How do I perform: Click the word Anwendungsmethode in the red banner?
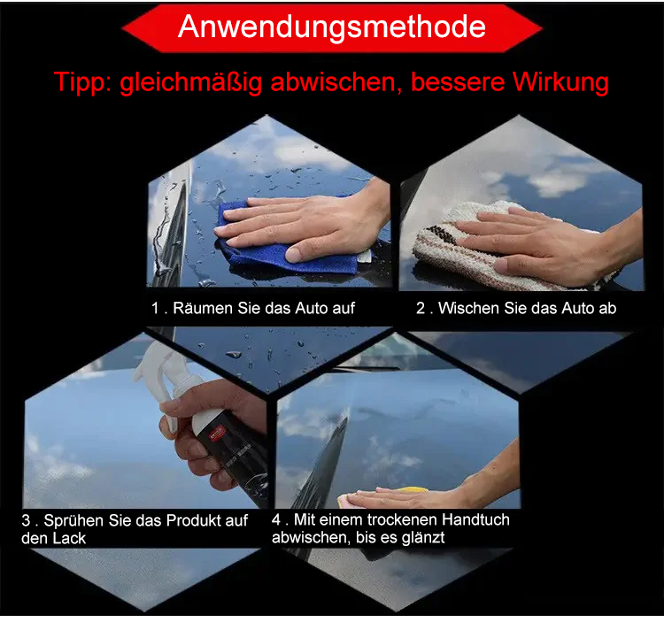coord(332,27)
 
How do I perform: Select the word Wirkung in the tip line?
coord(560,82)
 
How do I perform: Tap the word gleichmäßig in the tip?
coord(191,82)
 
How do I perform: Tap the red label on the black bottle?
coord(217,434)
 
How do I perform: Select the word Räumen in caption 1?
coord(204,308)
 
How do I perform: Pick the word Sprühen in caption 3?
coord(73,521)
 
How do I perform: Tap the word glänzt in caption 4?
coord(423,538)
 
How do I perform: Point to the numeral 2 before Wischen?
coord(420,308)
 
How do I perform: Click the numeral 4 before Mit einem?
coord(276,519)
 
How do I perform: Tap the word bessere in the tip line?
coord(458,82)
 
